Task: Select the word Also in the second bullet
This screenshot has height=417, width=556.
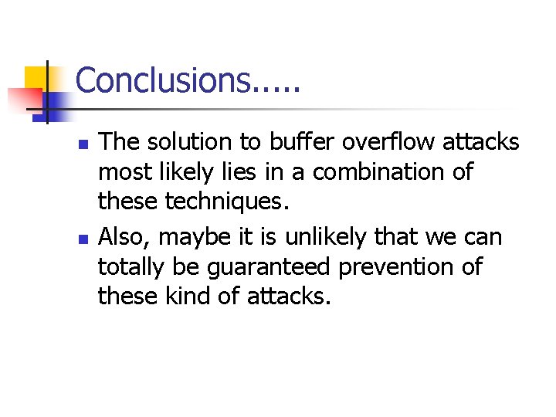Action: [124, 236]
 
